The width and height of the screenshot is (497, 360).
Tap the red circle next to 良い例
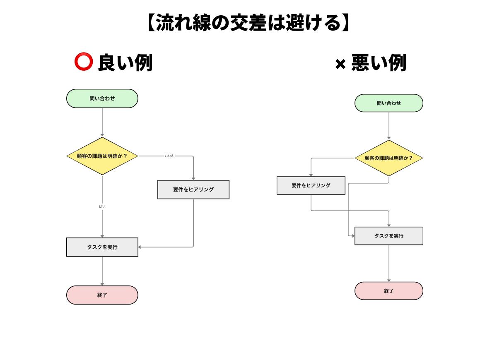click(83, 62)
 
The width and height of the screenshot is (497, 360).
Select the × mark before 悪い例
click(340, 64)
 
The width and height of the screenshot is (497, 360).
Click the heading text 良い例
click(125, 63)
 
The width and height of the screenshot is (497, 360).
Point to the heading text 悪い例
click(379, 63)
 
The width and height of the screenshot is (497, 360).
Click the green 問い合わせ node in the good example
click(102, 98)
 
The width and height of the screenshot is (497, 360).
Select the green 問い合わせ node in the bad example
click(388, 103)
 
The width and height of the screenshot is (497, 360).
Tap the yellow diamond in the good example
click(102, 156)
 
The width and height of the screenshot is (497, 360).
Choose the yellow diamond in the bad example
click(388, 158)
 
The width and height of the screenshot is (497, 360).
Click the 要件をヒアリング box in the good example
click(193, 190)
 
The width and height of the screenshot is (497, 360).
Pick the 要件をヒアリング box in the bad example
click(311, 185)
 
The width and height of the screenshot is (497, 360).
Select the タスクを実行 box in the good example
click(102, 247)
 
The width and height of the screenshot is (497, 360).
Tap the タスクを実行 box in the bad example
click(388, 236)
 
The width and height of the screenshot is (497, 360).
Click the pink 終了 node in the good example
click(102, 295)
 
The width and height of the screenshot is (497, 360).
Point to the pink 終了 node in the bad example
click(388, 291)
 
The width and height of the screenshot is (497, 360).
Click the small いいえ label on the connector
click(169, 156)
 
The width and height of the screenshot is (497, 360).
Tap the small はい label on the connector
click(102, 206)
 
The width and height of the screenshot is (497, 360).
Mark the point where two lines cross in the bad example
click(348, 211)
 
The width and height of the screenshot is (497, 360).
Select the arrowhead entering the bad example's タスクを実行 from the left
click(353, 236)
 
